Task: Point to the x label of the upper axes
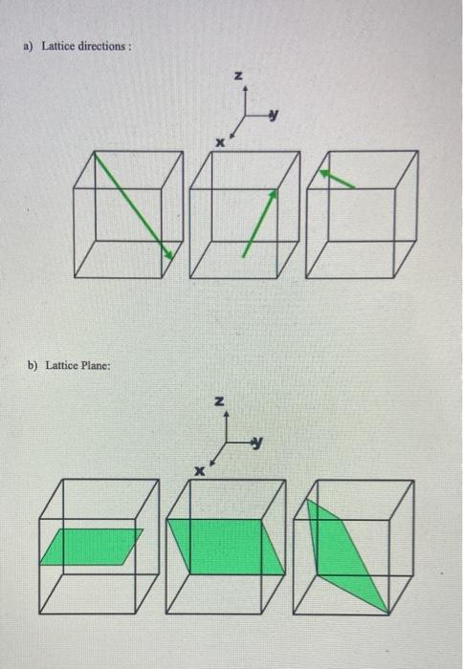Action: (x=219, y=142)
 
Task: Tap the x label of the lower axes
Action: (x=201, y=470)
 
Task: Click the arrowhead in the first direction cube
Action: (x=169, y=253)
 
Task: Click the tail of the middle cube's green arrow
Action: (x=243, y=256)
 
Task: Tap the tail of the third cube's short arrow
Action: (x=355, y=186)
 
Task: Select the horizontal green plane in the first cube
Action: (x=92, y=547)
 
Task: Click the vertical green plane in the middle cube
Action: (x=226, y=546)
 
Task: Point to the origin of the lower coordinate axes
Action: (x=225, y=442)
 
